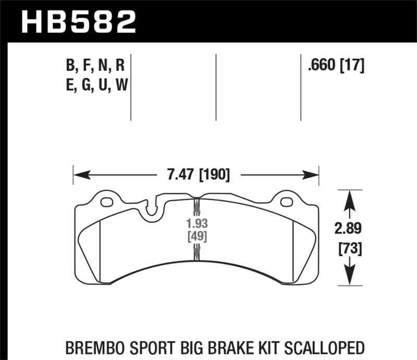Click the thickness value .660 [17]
pyautogui.click(x=336, y=66)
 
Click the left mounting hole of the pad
pyautogui.click(x=107, y=202)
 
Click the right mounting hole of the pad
pyautogui.click(x=286, y=202)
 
